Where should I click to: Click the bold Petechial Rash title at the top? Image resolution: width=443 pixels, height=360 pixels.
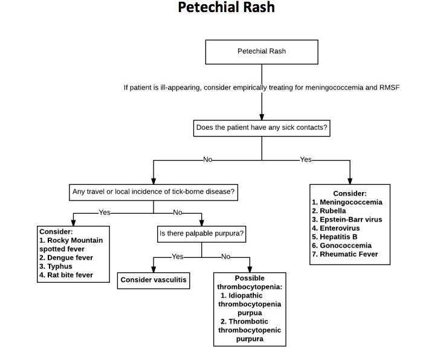click(226, 8)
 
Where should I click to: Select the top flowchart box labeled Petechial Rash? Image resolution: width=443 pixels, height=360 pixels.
click(261, 52)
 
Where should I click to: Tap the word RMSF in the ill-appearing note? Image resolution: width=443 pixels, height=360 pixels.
click(389, 88)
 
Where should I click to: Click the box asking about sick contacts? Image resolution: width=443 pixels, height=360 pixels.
click(262, 128)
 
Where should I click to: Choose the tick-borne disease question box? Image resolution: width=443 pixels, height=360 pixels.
click(154, 193)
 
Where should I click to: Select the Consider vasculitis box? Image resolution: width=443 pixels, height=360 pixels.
click(154, 280)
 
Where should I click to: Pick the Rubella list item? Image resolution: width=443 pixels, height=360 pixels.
click(332, 211)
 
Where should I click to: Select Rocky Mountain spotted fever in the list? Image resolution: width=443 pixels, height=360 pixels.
click(71, 245)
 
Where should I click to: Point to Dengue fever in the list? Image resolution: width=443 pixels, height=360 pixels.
click(70, 258)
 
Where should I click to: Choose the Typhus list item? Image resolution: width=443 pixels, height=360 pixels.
click(59, 266)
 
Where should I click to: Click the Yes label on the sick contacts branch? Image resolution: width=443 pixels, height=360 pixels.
click(306, 159)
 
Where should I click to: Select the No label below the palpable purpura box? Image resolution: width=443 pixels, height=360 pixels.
click(226, 257)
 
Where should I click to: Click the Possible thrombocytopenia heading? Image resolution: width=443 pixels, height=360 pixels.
click(250, 282)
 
